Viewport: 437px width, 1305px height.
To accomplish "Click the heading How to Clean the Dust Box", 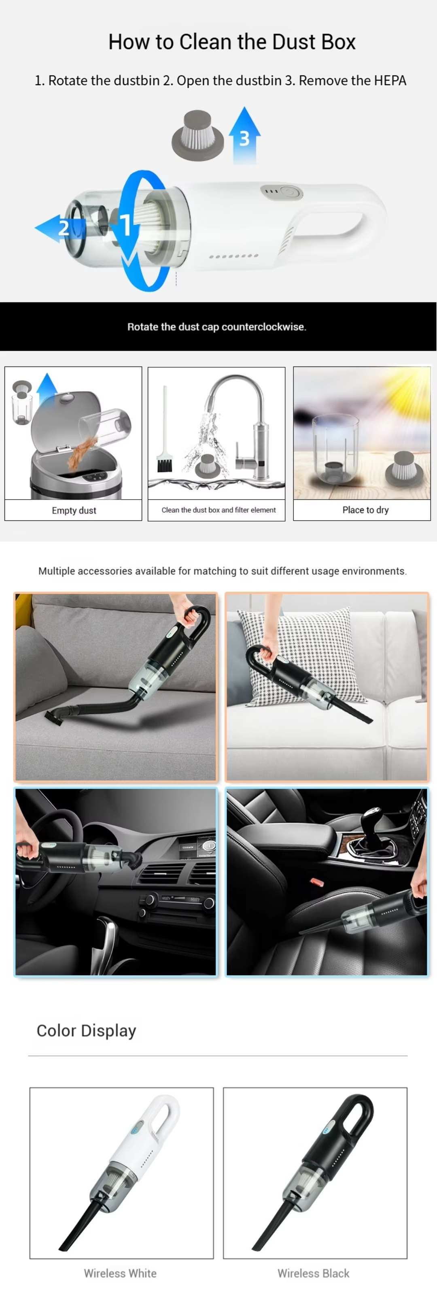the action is coord(232,42).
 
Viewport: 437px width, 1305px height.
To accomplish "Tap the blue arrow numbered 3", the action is coord(244,135).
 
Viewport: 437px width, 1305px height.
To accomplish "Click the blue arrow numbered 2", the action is coord(57,228).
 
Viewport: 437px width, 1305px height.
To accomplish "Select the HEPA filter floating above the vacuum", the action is coord(197,135).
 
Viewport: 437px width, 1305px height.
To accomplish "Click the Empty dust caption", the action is coord(74,510).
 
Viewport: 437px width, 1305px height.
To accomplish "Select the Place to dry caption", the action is coord(366,510).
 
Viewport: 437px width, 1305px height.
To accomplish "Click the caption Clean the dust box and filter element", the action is coord(219,510).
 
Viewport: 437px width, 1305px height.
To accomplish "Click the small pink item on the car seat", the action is coord(317,882).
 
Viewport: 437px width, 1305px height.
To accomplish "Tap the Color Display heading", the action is coord(87,1031).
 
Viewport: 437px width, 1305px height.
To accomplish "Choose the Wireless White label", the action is coord(120,1273).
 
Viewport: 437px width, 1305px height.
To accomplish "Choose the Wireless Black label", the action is coord(314,1273).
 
